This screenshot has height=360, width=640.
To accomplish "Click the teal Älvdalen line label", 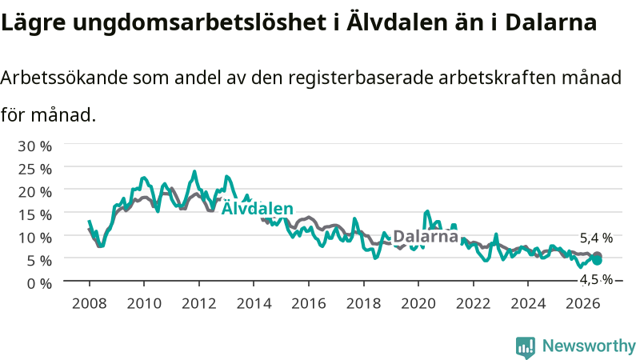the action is (x=257, y=208).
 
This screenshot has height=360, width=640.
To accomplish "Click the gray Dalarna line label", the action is (x=426, y=236).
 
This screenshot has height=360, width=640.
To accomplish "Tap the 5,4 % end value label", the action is (x=596, y=238).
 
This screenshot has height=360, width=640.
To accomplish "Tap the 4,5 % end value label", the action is (x=596, y=279).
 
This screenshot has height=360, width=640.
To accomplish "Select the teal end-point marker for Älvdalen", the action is (x=597, y=261).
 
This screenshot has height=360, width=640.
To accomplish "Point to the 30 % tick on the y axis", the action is (x=34, y=146).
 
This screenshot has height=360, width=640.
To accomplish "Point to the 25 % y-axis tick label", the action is (x=34, y=169).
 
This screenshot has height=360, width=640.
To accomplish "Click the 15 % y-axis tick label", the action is (x=34, y=214).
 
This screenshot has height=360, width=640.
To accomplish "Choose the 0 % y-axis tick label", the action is (x=39, y=283).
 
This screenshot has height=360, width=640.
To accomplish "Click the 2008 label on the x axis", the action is (x=89, y=304).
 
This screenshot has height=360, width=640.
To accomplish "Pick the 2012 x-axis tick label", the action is (x=198, y=304).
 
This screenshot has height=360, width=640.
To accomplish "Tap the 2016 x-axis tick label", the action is (x=309, y=304).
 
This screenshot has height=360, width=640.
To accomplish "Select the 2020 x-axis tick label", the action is (x=418, y=304).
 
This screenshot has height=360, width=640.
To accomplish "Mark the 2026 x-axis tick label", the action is (x=583, y=304).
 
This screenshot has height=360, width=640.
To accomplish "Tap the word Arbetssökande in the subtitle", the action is (x=64, y=77).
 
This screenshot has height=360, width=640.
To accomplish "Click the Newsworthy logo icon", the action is (x=526, y=347).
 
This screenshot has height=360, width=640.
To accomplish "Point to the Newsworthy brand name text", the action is (x=589, y=346).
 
